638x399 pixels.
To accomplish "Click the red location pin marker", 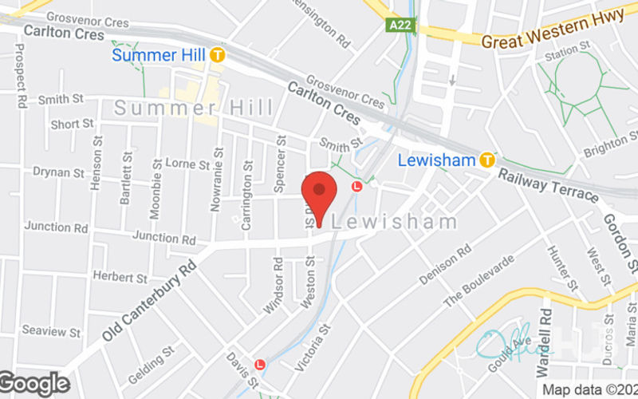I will pos(319,194).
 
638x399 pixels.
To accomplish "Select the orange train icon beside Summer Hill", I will pos(217,56).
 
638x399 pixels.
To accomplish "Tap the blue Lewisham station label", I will pos(436,160).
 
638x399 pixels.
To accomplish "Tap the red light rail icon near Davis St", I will pos(259,365).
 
